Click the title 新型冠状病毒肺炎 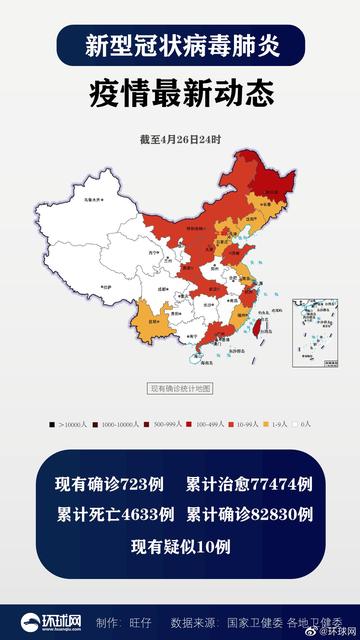[x=180, y=46]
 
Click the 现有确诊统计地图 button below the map [x=180, y=388]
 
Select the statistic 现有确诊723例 [x=109, y=485]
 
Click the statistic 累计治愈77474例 [x=249, y=485]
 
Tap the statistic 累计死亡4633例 [x=109, y=515]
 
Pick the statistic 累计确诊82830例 [x=249, y=515]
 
